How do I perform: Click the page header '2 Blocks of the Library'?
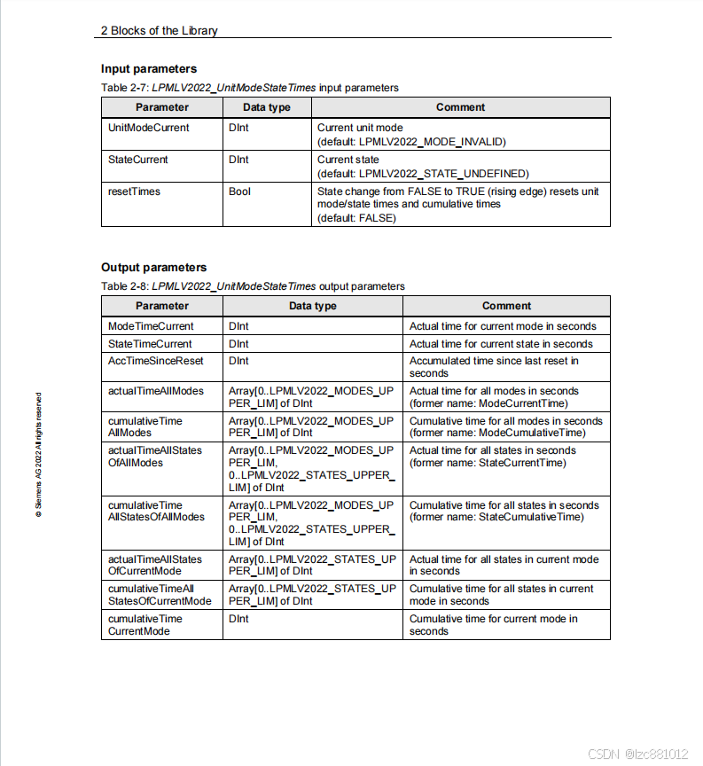pos(160,30)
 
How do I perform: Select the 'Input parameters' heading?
pos(149,68)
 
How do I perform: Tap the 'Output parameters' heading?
pos(153,267)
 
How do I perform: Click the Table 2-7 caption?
pos(249,88)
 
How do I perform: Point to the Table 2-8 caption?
pos(253,286)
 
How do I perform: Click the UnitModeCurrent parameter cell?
pos(148,128)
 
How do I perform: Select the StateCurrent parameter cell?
pos(137,160)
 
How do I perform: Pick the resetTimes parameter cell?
pos(134,191)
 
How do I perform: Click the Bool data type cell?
pos(239,191)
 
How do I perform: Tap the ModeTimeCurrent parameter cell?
pos(151,326)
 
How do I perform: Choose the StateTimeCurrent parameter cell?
pos(150,344)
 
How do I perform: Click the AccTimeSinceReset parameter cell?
pos(155,361)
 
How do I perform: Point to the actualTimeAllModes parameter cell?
pos(155,391)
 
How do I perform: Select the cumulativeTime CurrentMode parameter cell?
pos(145,625)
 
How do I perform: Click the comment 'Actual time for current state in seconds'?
pos(501,344)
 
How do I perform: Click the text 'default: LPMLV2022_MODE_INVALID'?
pos(411,141)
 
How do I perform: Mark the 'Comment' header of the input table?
pos(460,107)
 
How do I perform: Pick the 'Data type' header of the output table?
pos(312,306)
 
